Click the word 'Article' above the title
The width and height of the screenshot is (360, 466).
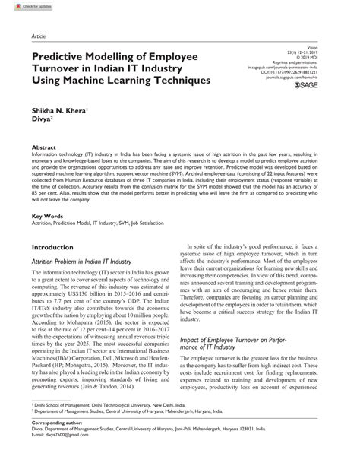(x=36, y=36)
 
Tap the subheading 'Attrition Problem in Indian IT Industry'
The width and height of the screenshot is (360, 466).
(x=84, y=262)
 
